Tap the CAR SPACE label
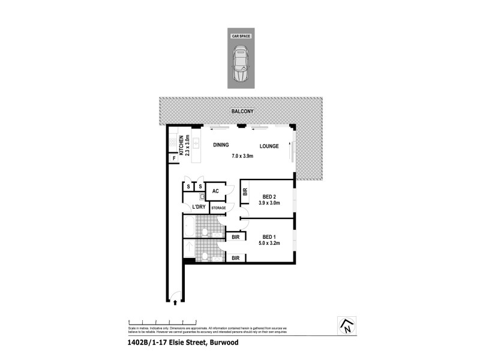[x=241, y=36]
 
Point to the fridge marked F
[x=173, y=158]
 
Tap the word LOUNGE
[x=269, y=146]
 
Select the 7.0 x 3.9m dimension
[x=243, y=157]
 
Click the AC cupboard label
[x=215, y=192]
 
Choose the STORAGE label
[x=218, y=208]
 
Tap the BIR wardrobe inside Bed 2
[x=245, y=193]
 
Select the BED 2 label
[x=269, y=196]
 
